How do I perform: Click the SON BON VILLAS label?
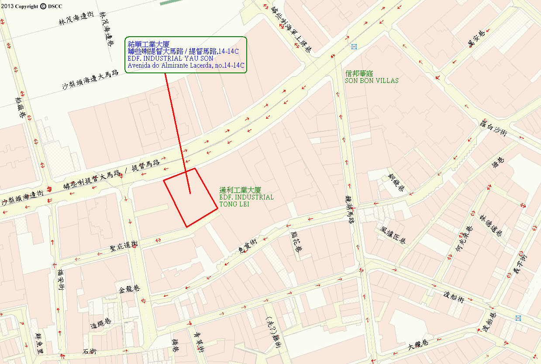(372, 81)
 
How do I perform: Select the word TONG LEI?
(234, 204)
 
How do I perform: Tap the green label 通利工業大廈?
(240, 190)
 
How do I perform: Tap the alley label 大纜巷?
(418, 345)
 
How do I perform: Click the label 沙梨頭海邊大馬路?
(90, 80)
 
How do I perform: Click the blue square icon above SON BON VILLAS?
(354, 47)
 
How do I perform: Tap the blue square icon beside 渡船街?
(518, 318)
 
